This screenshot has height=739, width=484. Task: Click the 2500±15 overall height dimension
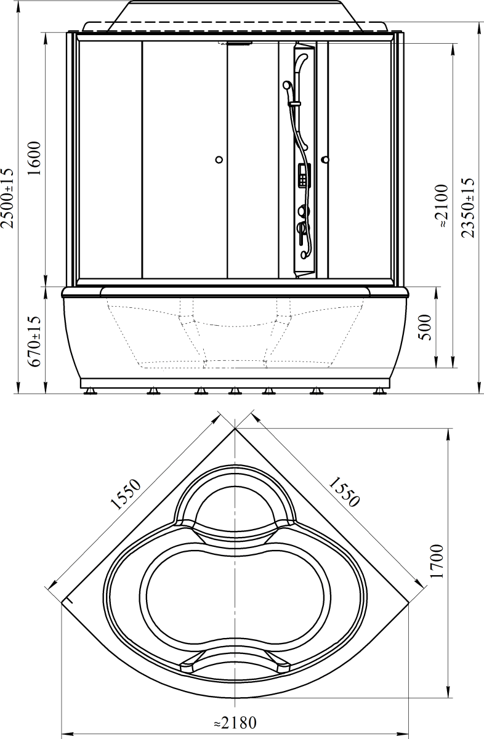(x=7, y=198)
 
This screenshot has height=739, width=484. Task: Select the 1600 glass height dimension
(x=34, y=158)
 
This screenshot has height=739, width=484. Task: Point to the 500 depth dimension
(x=425, y=328)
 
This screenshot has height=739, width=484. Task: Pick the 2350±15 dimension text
(x=467, y=208)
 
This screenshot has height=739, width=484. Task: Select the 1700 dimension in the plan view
(x=437, y=561)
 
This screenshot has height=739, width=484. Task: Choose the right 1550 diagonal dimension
(x=344, y=492)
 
